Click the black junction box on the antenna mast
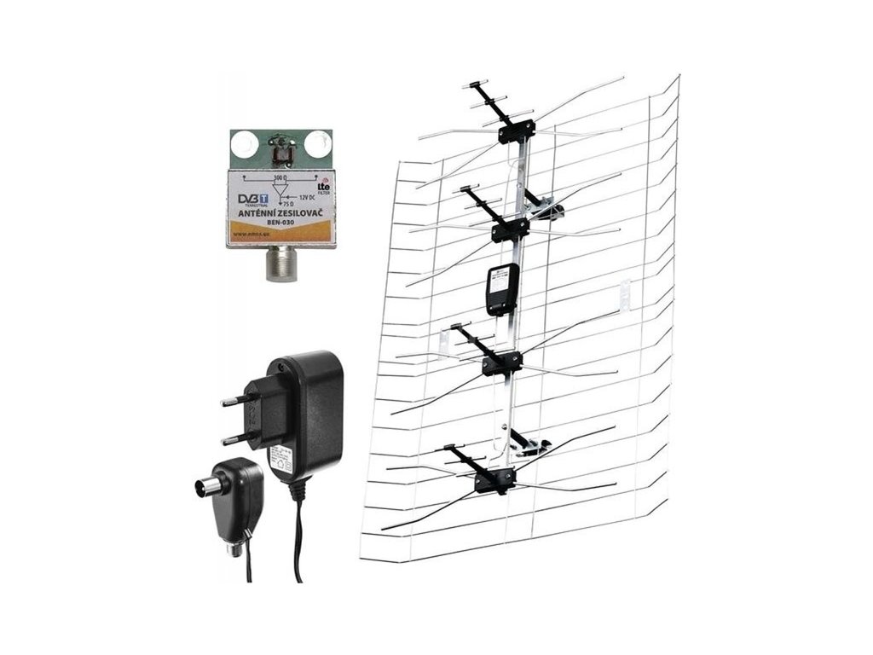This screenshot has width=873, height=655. click(500, 288)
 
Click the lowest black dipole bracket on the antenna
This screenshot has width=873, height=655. click(495, 482)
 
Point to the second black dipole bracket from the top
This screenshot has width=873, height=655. click(510, 229)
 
